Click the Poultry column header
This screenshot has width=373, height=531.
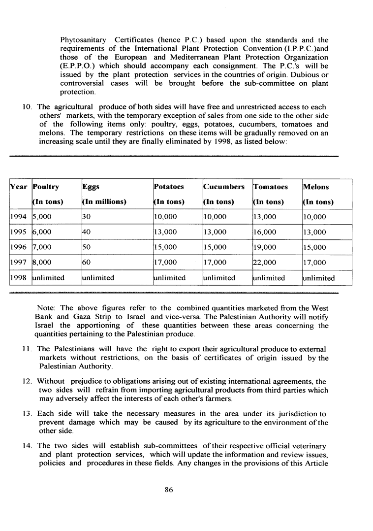tap(46, 187)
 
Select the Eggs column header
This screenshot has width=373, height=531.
tap(91, 187)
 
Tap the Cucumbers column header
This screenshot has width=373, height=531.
tap(224, 187)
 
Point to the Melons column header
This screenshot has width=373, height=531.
tap(316, 187)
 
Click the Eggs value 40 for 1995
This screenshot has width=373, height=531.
tap(87, 232)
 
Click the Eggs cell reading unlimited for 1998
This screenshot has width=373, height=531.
tap(98, 278)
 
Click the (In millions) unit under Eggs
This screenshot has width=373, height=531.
tap(104, 202)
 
